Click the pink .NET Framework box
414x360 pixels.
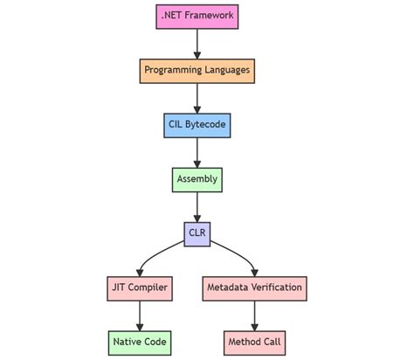(x=197, y=16)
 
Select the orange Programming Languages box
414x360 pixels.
(x=197, y=70)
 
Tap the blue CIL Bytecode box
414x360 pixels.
(x=197, y=125)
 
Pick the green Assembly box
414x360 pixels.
(x=197, y=179)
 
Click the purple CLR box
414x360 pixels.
(x=197, y=233)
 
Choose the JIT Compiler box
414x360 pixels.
(x=139, y=287)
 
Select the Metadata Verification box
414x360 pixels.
(x=254, y=287)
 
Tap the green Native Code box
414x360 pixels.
(x=139, y=342)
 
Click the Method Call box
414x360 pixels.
(x=254, y=342)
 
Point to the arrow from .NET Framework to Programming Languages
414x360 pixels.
(x=197, y=42)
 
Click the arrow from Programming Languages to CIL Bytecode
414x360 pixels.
(x=197, y=97)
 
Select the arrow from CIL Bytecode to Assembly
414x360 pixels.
(x=197, y=151)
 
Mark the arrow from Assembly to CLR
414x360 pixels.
(x=197, y=205)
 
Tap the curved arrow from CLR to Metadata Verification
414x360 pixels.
(x=238, y=252)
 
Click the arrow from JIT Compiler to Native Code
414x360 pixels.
(x=139, y=315)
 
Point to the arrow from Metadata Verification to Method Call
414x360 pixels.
(x=254, y=315)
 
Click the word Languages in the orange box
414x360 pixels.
(x=224, y=70)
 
